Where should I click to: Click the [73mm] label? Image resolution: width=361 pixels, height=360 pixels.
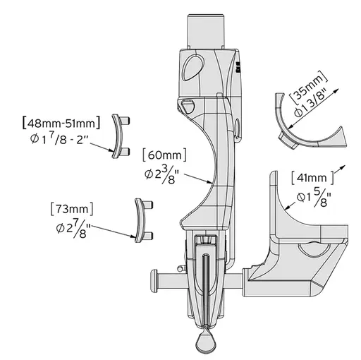click(72, 210)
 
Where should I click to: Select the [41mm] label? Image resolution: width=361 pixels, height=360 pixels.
click(312, 178)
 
